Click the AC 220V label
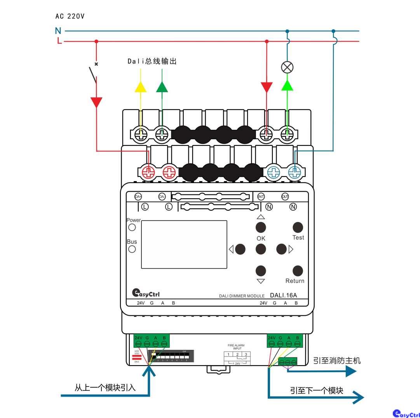(70, 16)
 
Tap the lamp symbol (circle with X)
(287, 68)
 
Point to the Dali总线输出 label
(152, 61)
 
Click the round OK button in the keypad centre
(261, 248)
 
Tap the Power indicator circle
(132, 227)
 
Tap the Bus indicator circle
(132, 249)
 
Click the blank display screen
(184, 244)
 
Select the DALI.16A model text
(283, 295)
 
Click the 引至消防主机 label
(337, 360)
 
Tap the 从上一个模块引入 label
(105, 387)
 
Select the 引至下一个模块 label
(317, 390)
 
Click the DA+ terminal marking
(138, 197)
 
